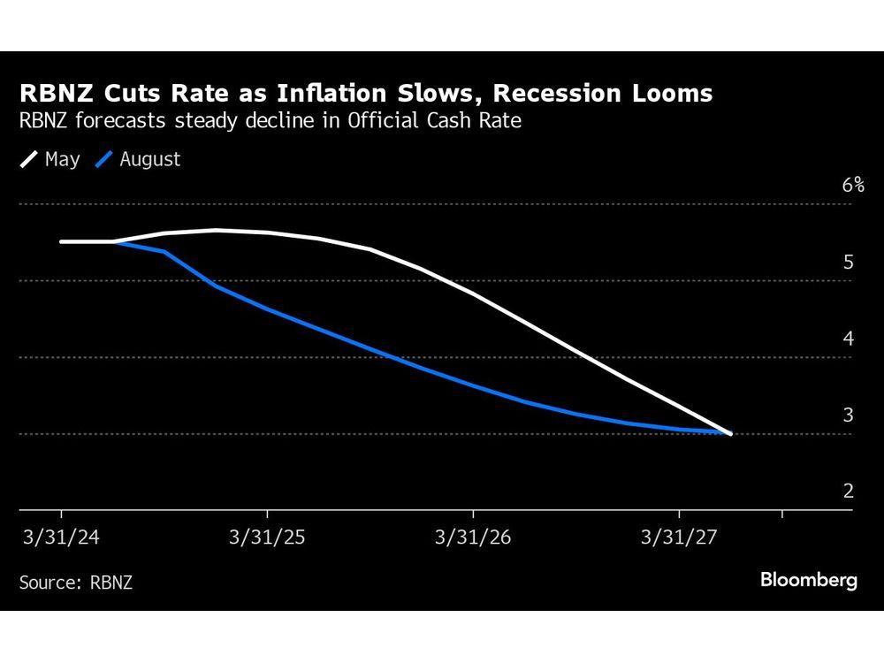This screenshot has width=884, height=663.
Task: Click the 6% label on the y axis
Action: [x=852, y=185]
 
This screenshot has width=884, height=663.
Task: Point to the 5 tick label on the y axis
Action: [x=848, y=263]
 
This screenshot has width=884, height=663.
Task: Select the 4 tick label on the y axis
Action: [x=848, y=339]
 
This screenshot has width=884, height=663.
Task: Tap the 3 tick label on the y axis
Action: [x=848, y=415]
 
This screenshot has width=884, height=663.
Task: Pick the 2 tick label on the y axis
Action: [x=848, y=491]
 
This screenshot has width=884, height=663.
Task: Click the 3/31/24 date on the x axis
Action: [x=61, y=537]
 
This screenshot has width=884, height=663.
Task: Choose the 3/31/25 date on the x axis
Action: [x=267, y=537]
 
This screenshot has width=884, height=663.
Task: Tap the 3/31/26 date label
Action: [x=473, y=537]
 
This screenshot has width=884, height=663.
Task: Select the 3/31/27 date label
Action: [x=679, y=537]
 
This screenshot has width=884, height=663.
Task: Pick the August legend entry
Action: [x=149, y=160]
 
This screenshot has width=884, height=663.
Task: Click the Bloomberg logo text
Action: [x=808, y=581]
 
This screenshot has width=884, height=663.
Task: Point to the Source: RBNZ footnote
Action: [x=75, y=582]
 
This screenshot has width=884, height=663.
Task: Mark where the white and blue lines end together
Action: [x=730, y=433]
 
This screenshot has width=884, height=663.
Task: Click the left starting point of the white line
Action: [x=61, y=241]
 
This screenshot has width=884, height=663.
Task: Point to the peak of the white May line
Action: [x=217, y=230]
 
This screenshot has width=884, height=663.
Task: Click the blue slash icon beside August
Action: [x=105, y=160]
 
